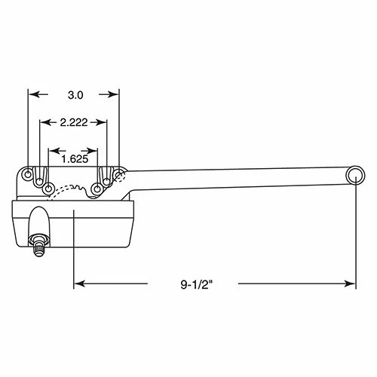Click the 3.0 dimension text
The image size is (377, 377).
[x=75, y=95]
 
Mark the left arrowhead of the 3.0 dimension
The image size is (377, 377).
[x=32, y=95]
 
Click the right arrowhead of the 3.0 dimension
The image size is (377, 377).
[x=115, y=95]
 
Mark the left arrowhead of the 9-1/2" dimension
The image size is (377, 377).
[x=78, y=284]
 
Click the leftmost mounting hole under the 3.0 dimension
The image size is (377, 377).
[x=29, y=175]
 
